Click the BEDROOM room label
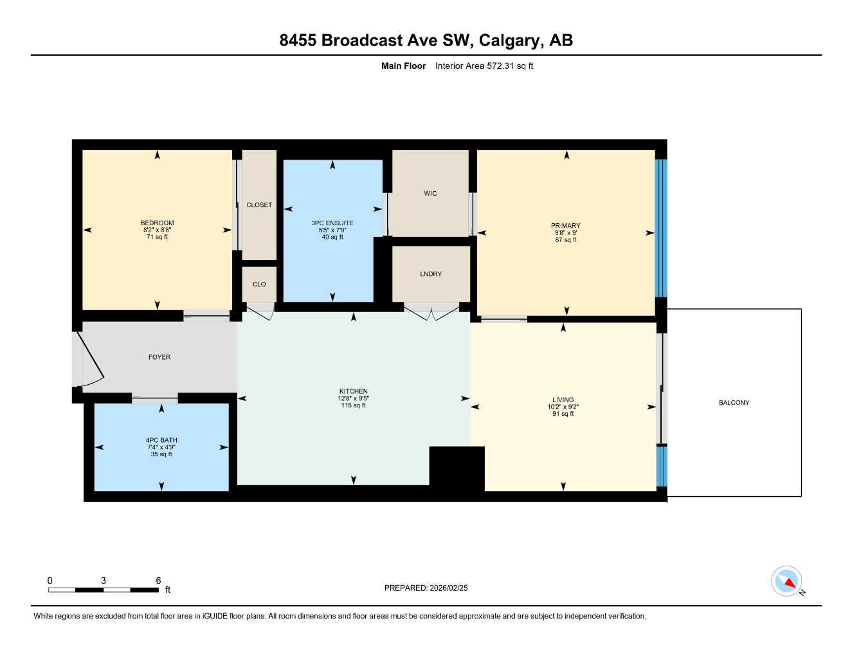[x=158, y=223]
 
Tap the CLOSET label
[x=259, y=205]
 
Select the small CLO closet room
[x=259, y=284]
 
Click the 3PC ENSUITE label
[x=332, y=223]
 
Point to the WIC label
[x=430, y=193]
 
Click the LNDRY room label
[x=431, y=274]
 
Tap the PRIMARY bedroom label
[x=566, y=226]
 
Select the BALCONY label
[x=734, y=403]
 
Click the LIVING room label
[x=563, y=400]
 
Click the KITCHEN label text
[x=354, y=391]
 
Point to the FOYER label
[x=159, y=357]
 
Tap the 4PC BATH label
[x=161, y=440]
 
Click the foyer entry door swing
[x=90, y=360]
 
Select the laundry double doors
[x=432, y=313]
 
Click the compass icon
[x=787, y=582]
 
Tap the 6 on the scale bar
[x=158, y=580]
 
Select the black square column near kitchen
[x=457, y=469]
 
